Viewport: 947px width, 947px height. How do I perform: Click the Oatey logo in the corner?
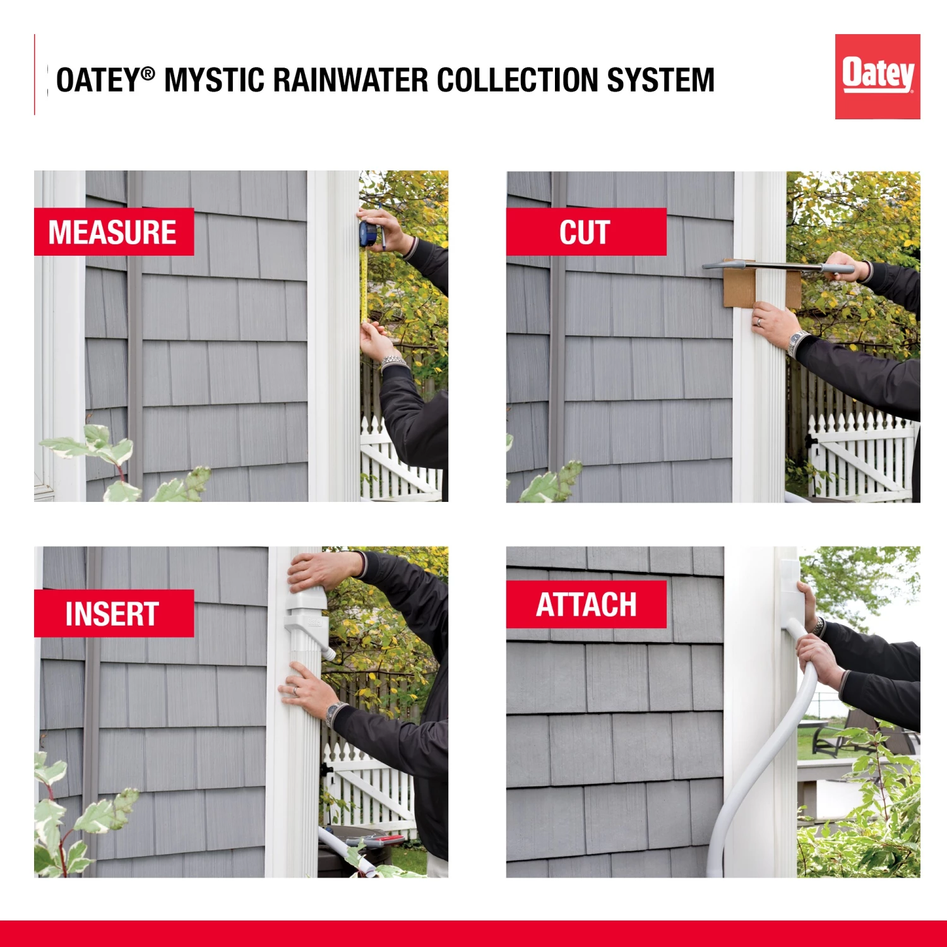point(877,76)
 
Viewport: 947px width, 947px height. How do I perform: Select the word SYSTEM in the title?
point(660,80)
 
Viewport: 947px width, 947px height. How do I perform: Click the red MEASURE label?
point(114,232)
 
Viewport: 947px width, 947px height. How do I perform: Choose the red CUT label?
point(585,232)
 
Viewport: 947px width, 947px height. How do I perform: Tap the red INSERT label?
point(114,613)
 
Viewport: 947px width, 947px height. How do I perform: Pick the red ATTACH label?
point(586,604)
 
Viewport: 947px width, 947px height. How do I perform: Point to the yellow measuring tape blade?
point(364,284)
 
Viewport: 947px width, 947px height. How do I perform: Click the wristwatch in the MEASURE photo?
point(393,362)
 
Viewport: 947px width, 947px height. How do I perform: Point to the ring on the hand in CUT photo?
point(760,321)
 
